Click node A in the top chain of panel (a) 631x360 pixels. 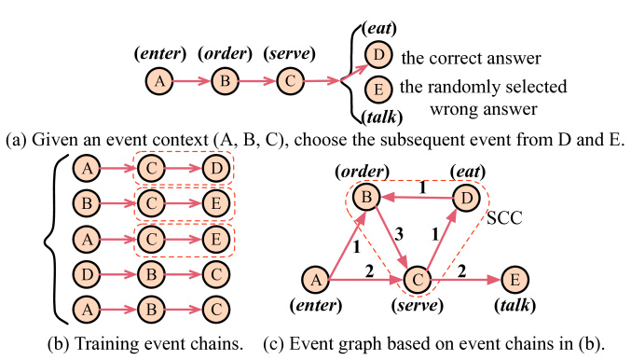pyautogui.click(x=160, y=82)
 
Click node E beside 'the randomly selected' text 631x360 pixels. pyautogui.click(x=377, y=92)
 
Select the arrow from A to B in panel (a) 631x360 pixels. pyautogui.click(x=192, y=82)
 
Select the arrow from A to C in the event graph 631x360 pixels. pyautogui.click(x=368, y=278)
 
